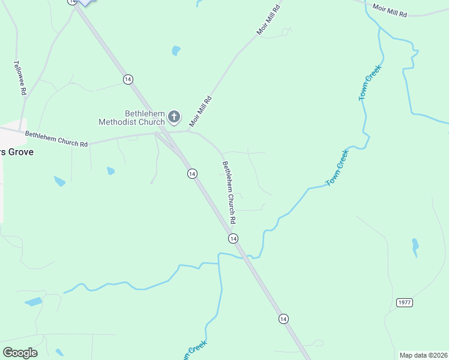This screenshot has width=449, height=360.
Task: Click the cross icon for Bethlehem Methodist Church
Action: (174, 116)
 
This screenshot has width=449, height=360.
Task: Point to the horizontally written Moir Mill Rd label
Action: (390, 10)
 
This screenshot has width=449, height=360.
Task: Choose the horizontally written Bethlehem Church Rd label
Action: (56, 140)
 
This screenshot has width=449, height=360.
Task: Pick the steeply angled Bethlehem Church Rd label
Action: (229, 184)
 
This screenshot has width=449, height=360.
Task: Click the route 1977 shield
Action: (405, 302)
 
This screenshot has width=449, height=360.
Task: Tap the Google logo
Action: (20, 353)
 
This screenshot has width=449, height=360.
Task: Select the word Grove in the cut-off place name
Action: (20, 152)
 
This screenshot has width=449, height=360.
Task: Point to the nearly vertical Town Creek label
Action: (370, 83)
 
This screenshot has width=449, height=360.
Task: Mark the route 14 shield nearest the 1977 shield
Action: (283, 319)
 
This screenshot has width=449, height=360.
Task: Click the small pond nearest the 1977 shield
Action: (415, 246)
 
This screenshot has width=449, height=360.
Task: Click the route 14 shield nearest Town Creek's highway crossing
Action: (233, 238)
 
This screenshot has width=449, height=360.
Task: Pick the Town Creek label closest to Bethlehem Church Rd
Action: (337, 167)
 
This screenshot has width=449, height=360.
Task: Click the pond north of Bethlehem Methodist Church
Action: (176, 51)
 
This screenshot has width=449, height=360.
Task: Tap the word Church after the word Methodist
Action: (151, 122)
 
